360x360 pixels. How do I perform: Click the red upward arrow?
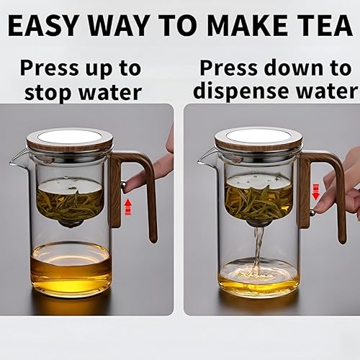129,207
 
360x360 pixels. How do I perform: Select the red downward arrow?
316,192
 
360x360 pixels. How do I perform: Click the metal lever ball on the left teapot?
124,185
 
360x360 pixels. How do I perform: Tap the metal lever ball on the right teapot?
312,212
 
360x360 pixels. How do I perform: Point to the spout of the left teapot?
17,160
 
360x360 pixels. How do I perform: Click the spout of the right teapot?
204,160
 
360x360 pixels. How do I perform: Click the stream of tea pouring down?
258,247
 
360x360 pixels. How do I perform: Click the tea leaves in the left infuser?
71,204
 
